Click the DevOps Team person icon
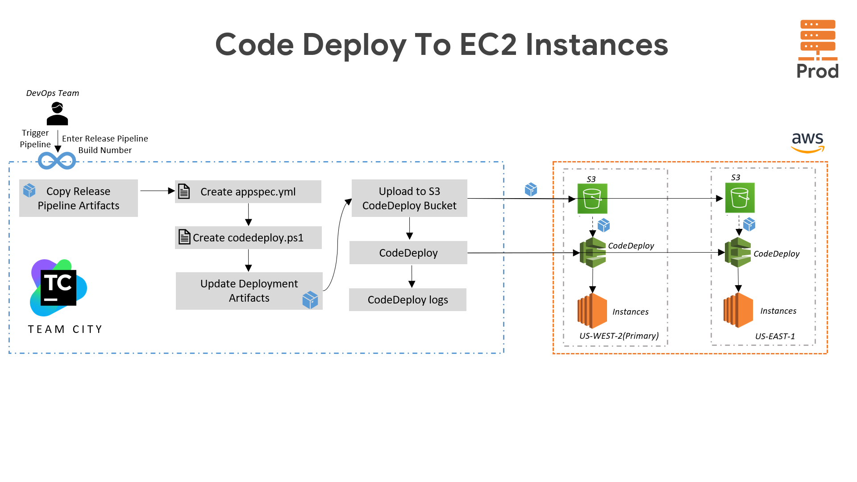[x=57, y=113]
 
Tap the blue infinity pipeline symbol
[x=57, y=161]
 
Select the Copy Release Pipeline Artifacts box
[x=79, y=198]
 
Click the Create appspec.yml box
[x=248, y=191]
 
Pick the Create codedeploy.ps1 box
[x=248, y=237]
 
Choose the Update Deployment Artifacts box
[x=249, y=291]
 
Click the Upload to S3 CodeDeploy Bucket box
[x=409, y=198]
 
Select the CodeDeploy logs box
[x=408, y=299]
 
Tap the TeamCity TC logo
[x=58, y=288]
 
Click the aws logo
[x=808, y=142]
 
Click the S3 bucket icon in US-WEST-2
[x=592, y=199]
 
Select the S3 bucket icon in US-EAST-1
[x=740, y=198]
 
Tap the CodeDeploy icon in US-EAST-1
[x=738, y=252]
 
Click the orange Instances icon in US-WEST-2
[x=592, y=311]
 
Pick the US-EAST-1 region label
[x=775, y=336]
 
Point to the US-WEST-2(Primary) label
[x=619, y=336]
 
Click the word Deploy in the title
[x=354, y=45]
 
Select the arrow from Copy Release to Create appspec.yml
[x=157, y=191]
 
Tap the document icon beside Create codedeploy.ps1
[x=184, y=237]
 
